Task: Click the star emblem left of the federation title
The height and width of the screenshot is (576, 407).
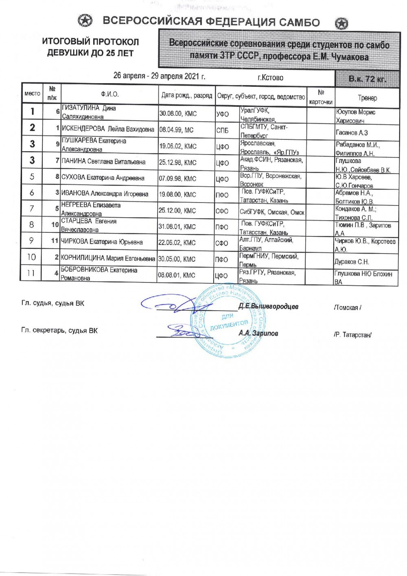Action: coord(85,21)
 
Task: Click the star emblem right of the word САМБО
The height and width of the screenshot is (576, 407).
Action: coord(341,23)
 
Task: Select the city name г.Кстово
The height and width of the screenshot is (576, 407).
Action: coord(271,77)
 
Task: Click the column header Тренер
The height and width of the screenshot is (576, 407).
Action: coord(368,98)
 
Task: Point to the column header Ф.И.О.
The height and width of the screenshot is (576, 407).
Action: coord(110,95)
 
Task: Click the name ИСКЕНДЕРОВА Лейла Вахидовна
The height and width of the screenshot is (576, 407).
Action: coord(108,130)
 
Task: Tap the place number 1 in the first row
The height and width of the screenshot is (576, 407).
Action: coord(33,111)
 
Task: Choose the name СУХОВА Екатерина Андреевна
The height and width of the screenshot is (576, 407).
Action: coord(105,178)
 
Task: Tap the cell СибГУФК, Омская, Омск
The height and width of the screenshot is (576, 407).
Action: coord(272,212)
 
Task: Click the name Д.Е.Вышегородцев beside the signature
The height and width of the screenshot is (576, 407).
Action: coord(268,306)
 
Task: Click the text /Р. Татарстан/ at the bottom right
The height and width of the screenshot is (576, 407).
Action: coord(352,335)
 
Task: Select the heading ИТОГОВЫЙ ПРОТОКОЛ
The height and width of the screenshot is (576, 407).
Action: coord(90,42)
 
